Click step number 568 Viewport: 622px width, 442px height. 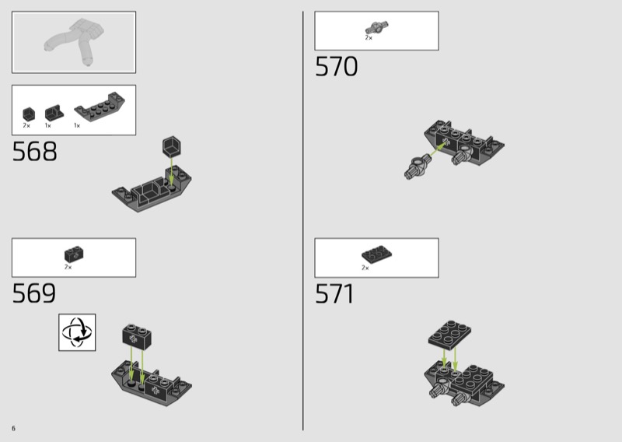(x=34, y=151)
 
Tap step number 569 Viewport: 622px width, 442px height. (x=34, y=293)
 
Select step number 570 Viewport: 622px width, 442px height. (x=337, y=66)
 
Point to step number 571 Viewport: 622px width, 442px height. (x=334, y=294)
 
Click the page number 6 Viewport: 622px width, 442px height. (x=13, y=428)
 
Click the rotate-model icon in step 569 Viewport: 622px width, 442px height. (x=77, y=332)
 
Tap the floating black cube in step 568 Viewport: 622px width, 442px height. (x=172, y=146)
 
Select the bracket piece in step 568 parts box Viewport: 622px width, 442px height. (x=54, y=113)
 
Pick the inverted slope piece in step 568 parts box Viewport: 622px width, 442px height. (x=100, y=107)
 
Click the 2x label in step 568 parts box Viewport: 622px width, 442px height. (x=26, y=125)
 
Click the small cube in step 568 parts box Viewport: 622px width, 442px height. (x=29, y=114)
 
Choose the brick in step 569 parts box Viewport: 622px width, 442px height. (x=74, y=254)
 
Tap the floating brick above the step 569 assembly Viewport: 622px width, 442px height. (x=137, y=337)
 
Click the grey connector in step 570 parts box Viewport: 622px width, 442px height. (x=376, y=28)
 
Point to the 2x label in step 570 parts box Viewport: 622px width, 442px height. (x=369, y=38)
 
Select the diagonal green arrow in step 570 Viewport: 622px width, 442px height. (x=439, y=149)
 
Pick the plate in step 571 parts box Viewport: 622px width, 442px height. (x=376, y=254)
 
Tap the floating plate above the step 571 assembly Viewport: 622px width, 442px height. (x=450, y=335)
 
